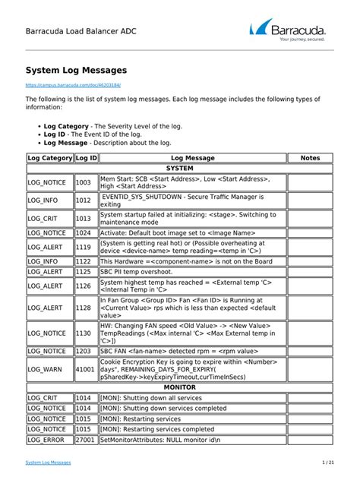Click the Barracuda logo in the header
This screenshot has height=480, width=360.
tap(289, 32)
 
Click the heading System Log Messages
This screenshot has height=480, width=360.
tap(76, 70)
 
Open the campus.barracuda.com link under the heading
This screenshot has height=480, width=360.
tap(73, 86)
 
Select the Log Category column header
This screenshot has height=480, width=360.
tap(49, 158)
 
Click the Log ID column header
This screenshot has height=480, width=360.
tap(86, 158)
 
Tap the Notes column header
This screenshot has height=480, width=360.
tap(310, 158)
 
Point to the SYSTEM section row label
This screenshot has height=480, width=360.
tap(179, 168)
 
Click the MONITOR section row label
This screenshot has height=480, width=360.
tap(179, 387)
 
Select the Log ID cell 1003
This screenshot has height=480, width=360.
tap(84, 183)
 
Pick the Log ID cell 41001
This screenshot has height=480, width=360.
tap(86, 368)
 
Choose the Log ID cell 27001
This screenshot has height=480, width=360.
tap(86, 440)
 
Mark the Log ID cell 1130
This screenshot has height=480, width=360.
tap(84, 333)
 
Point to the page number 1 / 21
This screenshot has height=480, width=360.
tap(327, 463)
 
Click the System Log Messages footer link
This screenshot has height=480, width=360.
tap(49, 463)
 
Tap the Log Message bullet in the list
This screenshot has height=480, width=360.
tap(70, 142)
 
